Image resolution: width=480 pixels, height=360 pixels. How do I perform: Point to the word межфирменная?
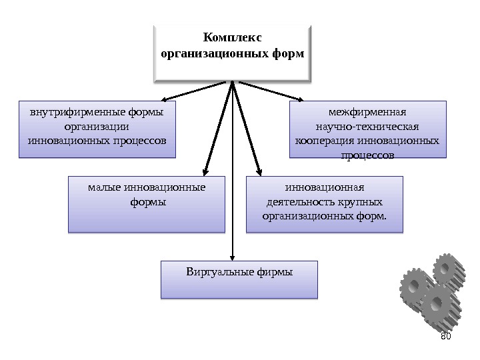[x=367, y=111]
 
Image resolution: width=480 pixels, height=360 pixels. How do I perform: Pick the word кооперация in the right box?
[x=325, y=141]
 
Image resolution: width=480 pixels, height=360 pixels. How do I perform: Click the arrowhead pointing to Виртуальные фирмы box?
[x=232, y=257]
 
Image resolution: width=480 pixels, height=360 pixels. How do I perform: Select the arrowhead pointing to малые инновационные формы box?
[x=204, y=171]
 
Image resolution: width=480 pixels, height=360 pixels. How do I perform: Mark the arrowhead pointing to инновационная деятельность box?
[x=259, y=171]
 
